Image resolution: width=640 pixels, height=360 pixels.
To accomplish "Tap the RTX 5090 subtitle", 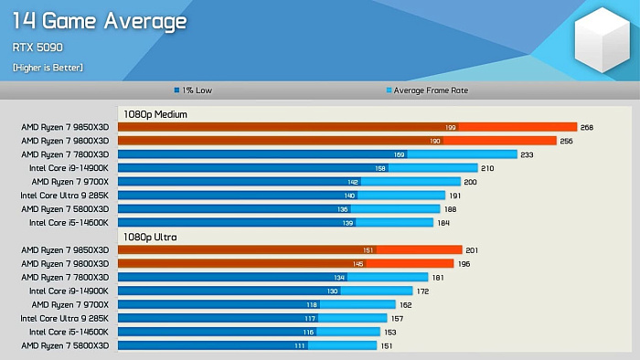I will pyautogui.click(x=37, y=48).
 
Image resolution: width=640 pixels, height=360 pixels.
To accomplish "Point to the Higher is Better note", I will pyautogui.click(x=48, y=68).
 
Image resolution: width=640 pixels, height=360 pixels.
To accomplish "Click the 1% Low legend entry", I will pyautogui.click(x=195, y=90).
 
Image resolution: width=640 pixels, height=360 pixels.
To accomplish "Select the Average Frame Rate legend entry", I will pyautogui.click(x=429, y=90).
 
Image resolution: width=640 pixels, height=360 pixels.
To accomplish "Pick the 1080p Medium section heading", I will pyautogui.click(x=155, y=114).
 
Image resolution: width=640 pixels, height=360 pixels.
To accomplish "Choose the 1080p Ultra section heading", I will pyautogui.click(x=151, y=237).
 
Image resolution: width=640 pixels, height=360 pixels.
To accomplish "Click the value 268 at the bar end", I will pyautogui.click(x=587, y=127).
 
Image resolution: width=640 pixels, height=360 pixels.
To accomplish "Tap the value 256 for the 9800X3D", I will pyautogui.click(x=567, y=141).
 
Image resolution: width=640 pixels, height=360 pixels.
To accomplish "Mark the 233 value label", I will pyautogui.click(x=528, y=154).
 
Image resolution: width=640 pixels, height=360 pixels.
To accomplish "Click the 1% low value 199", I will pyautogui.click(x=451, y=127).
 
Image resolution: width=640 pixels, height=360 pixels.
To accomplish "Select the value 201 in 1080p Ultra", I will pyautogui.click(x=473, y=249).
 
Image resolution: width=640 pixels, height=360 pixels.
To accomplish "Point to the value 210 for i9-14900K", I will pyautogui.click(x=487, y=168).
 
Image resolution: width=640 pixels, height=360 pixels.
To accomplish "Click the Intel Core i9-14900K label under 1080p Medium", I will pyautogui.click(x=69, y=168).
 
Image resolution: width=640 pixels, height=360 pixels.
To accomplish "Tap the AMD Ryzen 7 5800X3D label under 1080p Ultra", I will pyautogui.click(x=65, y=345).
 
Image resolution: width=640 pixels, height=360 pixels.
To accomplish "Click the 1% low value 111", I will pyautogui.click(x=299, y=345).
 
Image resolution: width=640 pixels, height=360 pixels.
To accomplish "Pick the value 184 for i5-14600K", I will pyautogui.click(x=443, y=223).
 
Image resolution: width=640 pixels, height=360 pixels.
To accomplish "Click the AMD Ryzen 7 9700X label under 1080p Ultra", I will pyautogui.click(x=69, y=304).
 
